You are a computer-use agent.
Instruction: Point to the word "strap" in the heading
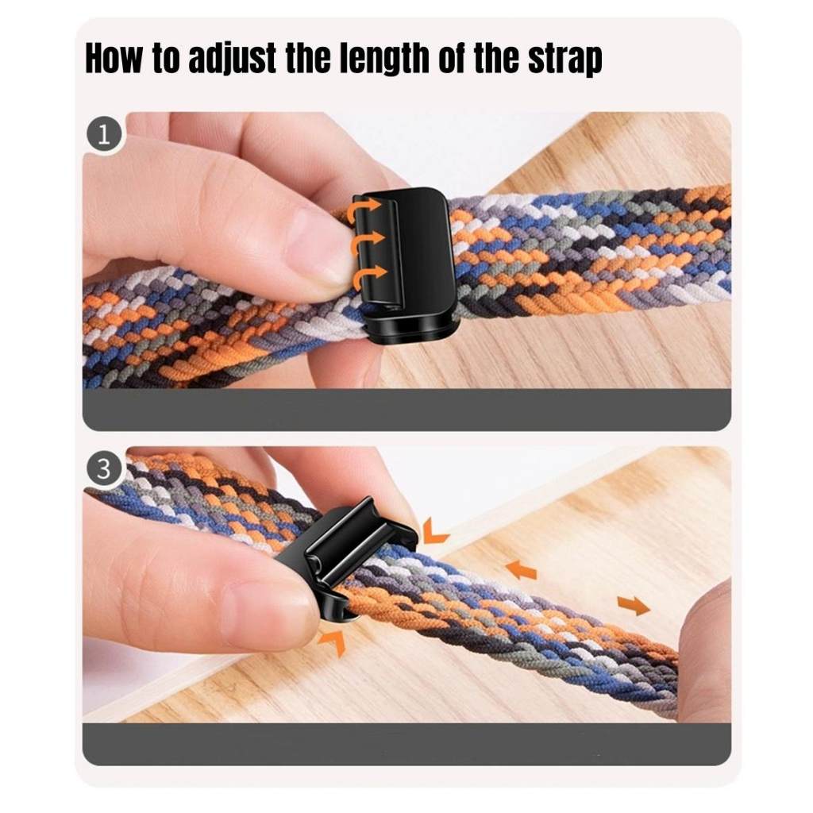pos(565,60)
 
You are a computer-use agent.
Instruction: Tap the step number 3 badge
pos(104,468)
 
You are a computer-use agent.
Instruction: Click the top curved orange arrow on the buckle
pos(365,210)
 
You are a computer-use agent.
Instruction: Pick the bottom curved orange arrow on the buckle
pos(369,275)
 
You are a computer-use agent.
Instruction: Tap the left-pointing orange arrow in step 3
pos(521,570)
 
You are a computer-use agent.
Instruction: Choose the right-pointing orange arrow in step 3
pos(634,605)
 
